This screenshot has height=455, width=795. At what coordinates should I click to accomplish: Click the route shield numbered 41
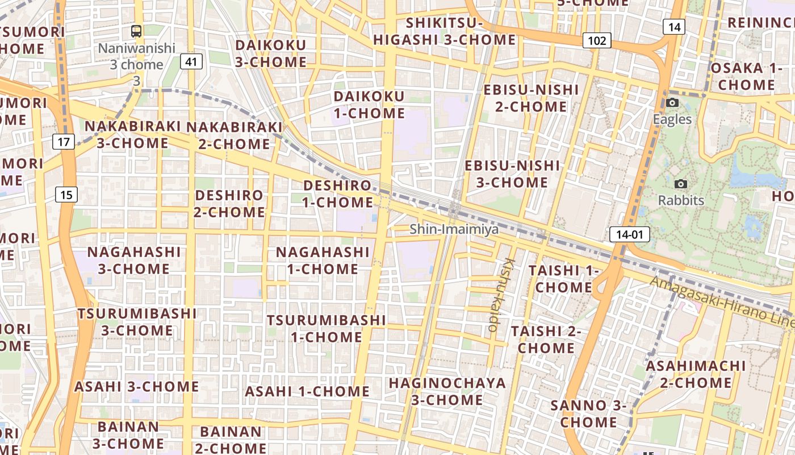192,61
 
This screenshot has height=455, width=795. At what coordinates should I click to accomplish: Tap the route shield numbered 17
64,141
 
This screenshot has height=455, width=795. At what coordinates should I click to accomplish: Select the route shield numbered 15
66,195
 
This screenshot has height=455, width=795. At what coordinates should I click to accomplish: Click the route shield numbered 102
596,40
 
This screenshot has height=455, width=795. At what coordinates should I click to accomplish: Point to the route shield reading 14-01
629,234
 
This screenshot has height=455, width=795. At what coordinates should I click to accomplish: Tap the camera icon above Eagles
672,103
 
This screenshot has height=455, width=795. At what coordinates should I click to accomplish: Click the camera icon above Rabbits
680,184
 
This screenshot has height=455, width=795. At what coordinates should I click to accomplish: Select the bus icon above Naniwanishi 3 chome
136,31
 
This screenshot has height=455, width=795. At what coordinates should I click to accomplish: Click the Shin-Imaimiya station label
454,229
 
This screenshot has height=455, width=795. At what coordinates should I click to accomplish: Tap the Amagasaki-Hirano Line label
721,301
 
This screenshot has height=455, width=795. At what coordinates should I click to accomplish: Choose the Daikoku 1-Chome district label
369,105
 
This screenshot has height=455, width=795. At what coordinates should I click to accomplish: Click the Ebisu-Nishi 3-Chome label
512,174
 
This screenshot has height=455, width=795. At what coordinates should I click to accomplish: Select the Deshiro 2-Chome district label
229,204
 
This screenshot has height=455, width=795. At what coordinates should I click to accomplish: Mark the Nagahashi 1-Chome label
323,260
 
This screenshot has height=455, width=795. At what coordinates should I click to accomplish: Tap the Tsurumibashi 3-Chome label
137,321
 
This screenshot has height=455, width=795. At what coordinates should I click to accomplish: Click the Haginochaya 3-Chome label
447,391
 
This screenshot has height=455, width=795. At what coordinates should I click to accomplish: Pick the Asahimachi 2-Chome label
696,374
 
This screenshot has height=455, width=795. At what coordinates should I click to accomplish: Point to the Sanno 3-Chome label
588,414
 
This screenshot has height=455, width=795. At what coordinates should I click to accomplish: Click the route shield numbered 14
674,27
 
